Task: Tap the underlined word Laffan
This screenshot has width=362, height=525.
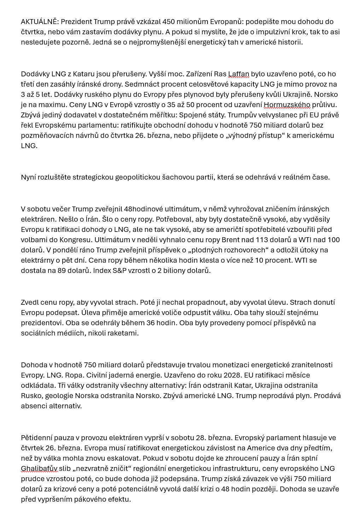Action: click(239, 74)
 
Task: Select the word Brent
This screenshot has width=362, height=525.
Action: click(230, 239)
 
